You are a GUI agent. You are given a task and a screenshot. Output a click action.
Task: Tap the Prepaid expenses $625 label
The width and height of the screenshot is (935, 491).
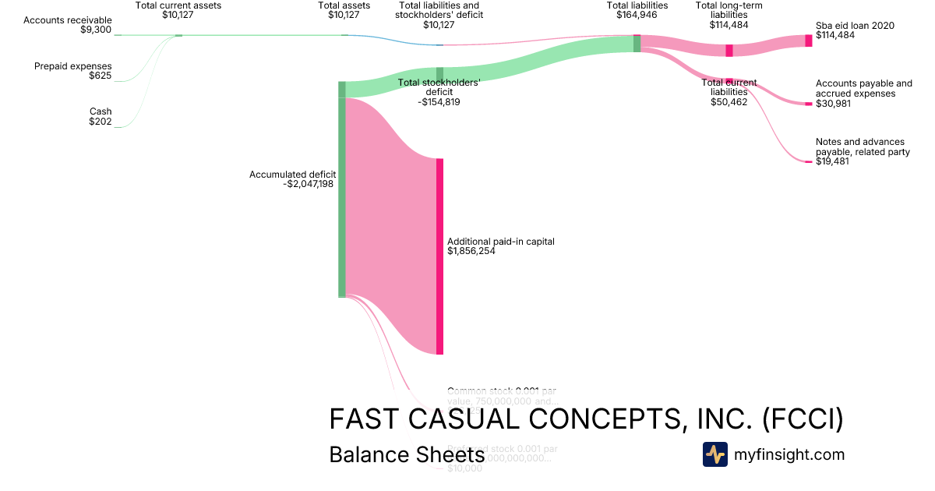click(73, 71)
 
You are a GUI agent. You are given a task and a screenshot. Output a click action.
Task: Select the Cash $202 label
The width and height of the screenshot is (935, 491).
click(100, 116)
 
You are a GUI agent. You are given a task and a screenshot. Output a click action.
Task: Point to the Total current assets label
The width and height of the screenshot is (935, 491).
click(178, 10)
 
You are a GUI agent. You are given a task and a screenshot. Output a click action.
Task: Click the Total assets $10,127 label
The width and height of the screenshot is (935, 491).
click(344, 10)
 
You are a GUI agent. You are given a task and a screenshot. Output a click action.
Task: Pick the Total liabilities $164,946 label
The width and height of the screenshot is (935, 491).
click(637, 10)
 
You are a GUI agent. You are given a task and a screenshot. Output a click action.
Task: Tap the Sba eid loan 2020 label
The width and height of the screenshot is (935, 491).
click(855, 30)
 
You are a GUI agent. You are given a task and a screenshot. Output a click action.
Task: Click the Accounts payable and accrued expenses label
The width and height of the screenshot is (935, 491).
click(863, 93)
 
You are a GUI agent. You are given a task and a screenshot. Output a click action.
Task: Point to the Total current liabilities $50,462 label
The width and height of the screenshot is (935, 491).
click(729, 92)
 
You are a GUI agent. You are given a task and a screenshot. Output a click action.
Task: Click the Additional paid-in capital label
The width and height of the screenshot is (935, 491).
click(500, 246)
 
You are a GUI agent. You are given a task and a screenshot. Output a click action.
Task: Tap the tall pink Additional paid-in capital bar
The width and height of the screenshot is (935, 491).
click(439, 256)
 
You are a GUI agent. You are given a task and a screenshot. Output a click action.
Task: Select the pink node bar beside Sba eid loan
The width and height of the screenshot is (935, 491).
click(809, 41)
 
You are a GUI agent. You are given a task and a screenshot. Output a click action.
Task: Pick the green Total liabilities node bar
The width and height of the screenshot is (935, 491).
click(637, 44)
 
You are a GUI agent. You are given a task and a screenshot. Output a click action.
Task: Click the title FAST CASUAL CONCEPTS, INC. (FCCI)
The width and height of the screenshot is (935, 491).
click(586, 419)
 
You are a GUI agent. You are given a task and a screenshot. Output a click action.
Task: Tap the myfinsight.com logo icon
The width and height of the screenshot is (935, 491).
click(714, 454)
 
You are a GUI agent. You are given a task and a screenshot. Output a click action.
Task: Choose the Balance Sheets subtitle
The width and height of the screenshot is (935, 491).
click(407, 454)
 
